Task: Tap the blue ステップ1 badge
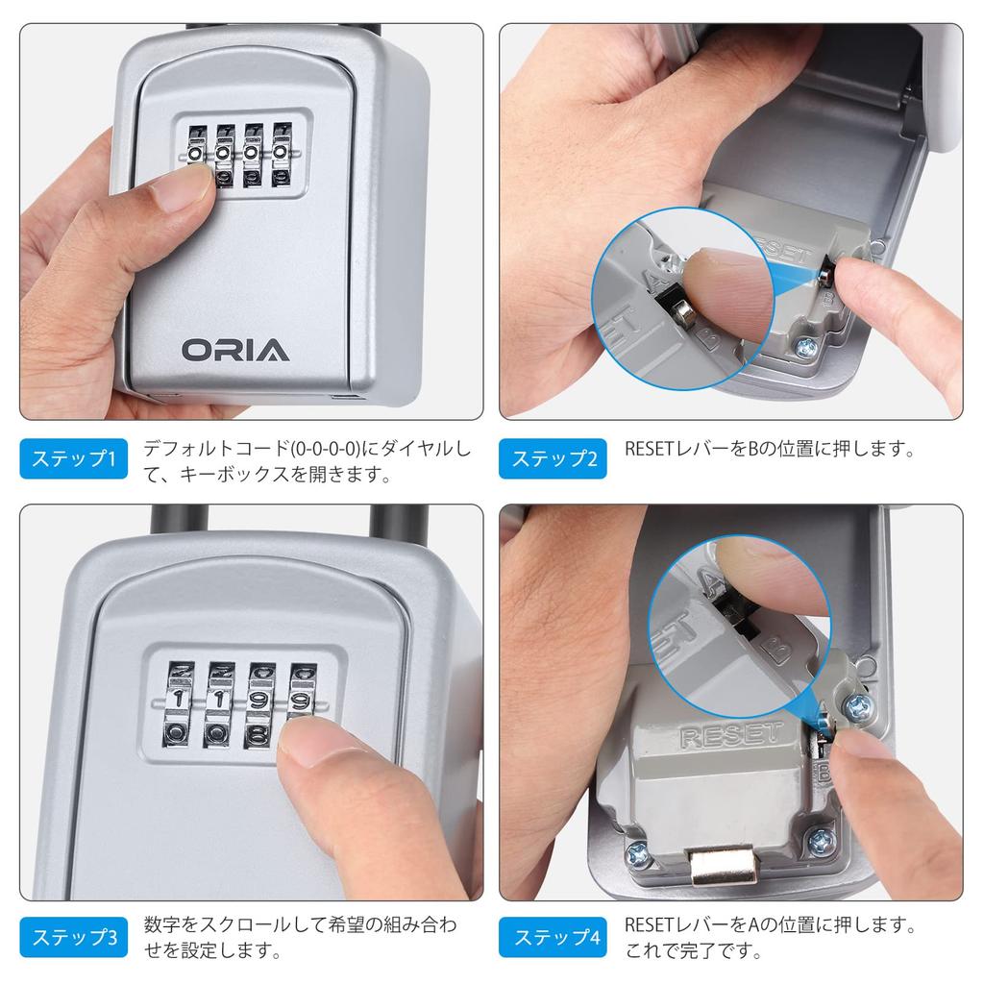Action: pyautogui.click(x=73, y=458)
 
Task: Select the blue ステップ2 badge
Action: pyautogui.click(x=553, y=458)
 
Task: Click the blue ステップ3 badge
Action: pyautogui.click(x=73, y=938)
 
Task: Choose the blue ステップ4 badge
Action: pyautogui.click(x=553, y=938)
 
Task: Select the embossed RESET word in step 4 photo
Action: pyautogui.click(x=730, y=735)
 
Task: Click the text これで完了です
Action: pyautogui.click(x=693, y=952)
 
